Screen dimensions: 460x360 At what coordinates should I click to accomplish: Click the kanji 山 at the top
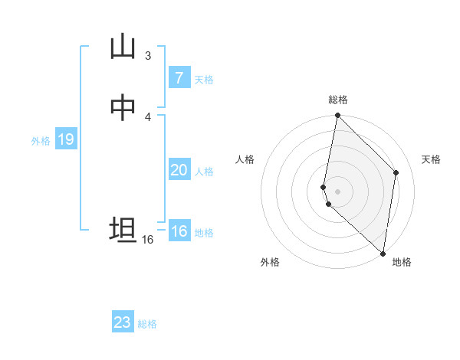(x=123, y=47)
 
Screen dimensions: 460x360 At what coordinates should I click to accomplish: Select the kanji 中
(x=123, y=108)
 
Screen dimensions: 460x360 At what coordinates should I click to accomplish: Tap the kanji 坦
(x=123, y=230)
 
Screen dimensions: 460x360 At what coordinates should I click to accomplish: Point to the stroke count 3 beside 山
(x=148, y=55)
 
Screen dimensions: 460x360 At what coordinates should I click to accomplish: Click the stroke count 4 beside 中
(x=148, y=116)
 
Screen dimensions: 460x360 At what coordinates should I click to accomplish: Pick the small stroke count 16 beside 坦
(x=148, y=240)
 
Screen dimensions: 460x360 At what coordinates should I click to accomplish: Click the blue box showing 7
(x=179, y=77)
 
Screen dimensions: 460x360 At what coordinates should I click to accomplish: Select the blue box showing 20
(x=179, y=170)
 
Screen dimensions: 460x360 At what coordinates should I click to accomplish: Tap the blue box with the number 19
(x=65, y=139)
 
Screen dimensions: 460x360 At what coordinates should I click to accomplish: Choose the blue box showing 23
(x=123, y=322)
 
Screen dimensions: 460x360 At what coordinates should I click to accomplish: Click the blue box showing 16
(x=179, y=231)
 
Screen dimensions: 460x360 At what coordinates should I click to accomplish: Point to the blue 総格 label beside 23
(x=147, y=324)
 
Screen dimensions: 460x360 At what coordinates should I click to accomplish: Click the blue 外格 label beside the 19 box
(x=41, y=141)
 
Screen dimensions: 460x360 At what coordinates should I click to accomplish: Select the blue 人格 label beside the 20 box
(x=204, y=172)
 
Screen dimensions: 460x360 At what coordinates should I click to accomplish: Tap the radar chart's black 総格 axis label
(x=338, y=100)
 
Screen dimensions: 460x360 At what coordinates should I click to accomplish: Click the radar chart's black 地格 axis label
(x=402, y=262)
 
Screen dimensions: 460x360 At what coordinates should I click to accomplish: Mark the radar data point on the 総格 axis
(x=337, y=116)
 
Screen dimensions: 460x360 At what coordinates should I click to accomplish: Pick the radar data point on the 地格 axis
(x=383, y=254)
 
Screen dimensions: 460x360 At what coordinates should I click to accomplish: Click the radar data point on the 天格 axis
(x=396, y=172)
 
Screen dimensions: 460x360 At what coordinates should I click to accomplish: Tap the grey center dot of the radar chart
(x=337, y=191)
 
